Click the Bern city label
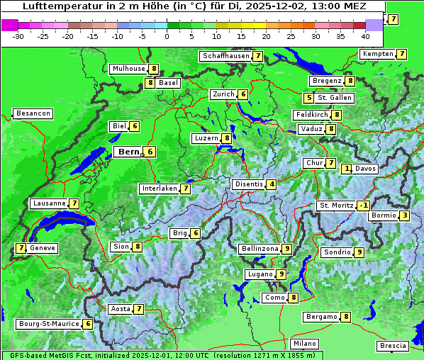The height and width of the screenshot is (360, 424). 129,152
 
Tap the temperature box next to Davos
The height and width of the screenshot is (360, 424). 347,169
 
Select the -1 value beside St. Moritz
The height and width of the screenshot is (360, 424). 363,206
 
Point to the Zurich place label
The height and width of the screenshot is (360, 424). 223,94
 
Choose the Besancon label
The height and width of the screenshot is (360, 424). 33,113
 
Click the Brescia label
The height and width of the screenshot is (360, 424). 393,346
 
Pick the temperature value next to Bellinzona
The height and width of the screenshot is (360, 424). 286,249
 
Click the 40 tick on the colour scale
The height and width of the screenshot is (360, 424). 365,35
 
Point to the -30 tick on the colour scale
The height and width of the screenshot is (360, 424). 18,35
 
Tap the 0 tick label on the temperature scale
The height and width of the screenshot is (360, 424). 167,35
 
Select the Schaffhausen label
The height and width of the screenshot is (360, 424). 225,55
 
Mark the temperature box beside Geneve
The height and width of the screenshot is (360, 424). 21,248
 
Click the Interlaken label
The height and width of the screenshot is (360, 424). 159,189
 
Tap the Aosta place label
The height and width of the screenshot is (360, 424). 120,309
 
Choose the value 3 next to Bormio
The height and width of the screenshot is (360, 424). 403,215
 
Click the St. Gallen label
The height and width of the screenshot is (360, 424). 330,97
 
